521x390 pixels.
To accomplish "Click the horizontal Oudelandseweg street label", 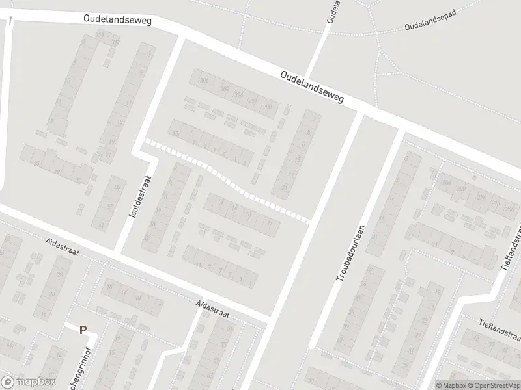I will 117,20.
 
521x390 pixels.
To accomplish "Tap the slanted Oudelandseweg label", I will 312,88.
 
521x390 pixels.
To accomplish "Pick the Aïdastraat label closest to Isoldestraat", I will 62,248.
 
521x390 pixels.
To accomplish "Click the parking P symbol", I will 83,330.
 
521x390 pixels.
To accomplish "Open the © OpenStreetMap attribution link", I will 492,385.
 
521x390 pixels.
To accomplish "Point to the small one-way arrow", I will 10,21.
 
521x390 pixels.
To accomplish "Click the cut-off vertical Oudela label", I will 332,12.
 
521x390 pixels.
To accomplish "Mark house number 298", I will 267,107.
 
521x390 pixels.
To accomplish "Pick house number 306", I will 204,81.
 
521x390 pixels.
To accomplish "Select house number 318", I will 99,34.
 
